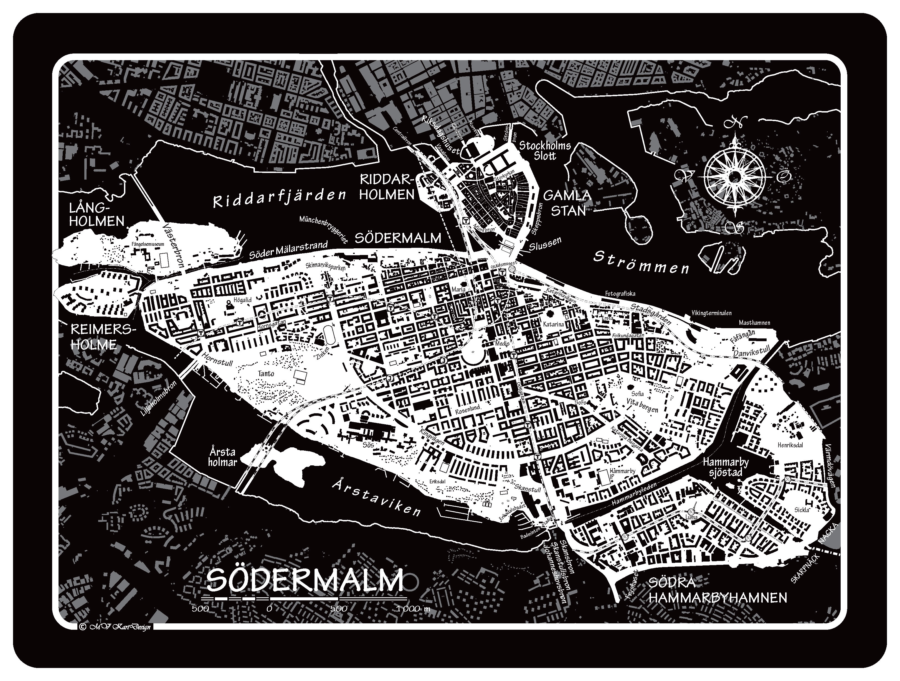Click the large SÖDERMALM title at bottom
(x=305, y=580)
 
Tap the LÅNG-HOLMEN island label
(x=97, y=215)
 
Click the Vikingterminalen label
(x=711, y=313)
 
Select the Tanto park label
(x=266, y=373)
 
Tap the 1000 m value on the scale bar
(x=413, y=609)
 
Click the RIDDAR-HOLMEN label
(x=387, y=187)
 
